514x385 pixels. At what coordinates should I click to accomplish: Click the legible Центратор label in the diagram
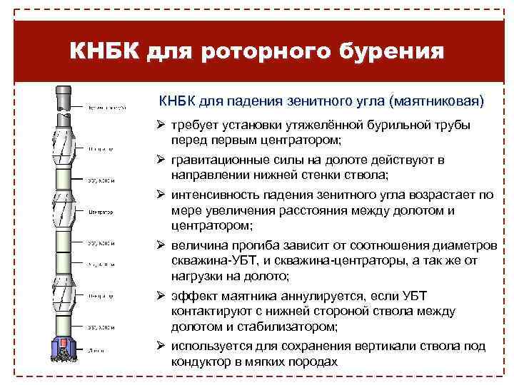click(102, 212)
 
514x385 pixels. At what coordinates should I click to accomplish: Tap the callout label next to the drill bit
click(96, 349)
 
